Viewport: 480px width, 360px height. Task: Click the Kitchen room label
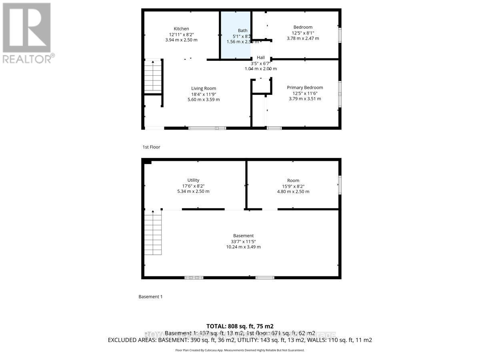(181, 28)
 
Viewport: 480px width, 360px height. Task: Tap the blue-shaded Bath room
(236, 44)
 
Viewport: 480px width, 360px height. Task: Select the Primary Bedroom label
(305, 88)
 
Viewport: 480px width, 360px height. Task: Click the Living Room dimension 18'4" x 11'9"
(204, 94)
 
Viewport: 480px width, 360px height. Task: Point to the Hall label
(261, 58)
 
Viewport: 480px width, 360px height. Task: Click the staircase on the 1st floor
(153, 76)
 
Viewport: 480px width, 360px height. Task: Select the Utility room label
(193, 180)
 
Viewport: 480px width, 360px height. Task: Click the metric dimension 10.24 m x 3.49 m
(243, 247)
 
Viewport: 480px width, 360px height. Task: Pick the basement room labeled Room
(293, 180)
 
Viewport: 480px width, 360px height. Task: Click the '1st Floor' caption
(151, 147)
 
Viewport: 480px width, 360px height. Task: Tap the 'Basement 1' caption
(150, 297)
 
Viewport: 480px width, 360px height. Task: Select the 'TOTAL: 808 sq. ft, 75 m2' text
(240, 326)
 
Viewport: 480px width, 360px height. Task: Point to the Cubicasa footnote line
(240, 350)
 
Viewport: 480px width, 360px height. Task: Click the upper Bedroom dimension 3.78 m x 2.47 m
(303, 38)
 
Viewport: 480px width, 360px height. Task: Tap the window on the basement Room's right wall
(340, 185)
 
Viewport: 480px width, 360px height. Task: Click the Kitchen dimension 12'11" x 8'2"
(181, 34)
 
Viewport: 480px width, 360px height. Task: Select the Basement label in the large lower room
(243, 236)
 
